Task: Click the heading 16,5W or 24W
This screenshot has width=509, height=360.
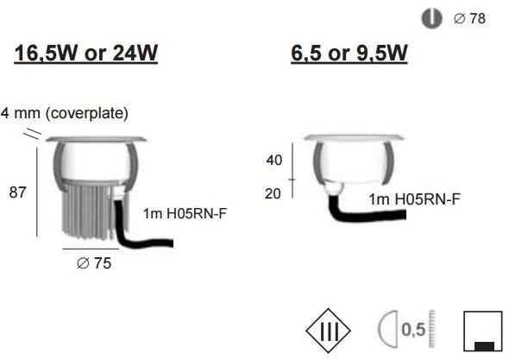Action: click(86, 53)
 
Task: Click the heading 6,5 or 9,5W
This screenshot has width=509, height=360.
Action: click(349, 53)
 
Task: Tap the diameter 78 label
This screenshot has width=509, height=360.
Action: click(469, 18)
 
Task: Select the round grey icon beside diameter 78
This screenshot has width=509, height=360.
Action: click(431, 18)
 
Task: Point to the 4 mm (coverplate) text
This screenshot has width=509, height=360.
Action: click(65, 113)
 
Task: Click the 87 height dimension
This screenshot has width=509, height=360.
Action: click(17, 193)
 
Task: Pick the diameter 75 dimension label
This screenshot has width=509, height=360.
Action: click(94, 263)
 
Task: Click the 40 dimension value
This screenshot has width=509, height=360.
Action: click(274, 161)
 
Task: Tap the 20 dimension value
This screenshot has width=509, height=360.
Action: click(273, 194)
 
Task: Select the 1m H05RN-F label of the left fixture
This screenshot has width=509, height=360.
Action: click(185, 213)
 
